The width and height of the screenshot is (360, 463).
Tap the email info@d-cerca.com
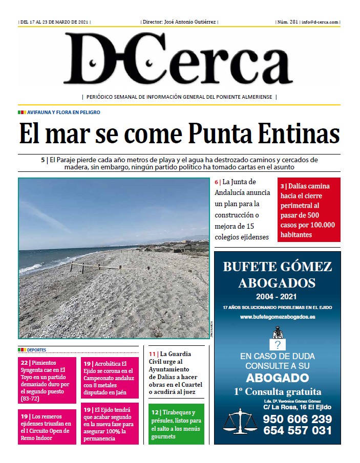click(320, 23)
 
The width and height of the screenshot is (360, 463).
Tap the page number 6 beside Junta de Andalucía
click(217, 182)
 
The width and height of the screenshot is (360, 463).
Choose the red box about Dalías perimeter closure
click(309, 210)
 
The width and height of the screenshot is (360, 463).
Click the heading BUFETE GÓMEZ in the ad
click(278, 267)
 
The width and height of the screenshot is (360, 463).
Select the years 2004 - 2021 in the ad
click(277, 297)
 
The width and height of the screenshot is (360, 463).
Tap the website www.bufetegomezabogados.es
click(277, 317)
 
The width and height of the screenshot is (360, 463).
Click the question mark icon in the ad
click(277, 344)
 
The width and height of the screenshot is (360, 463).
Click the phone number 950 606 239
click(298, 419)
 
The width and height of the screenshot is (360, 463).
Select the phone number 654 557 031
click(298, 431)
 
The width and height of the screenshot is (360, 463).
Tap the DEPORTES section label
click(34, 350)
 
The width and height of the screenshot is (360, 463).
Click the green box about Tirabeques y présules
click(176, 424)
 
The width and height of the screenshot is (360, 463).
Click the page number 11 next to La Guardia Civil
click(152, 354)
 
